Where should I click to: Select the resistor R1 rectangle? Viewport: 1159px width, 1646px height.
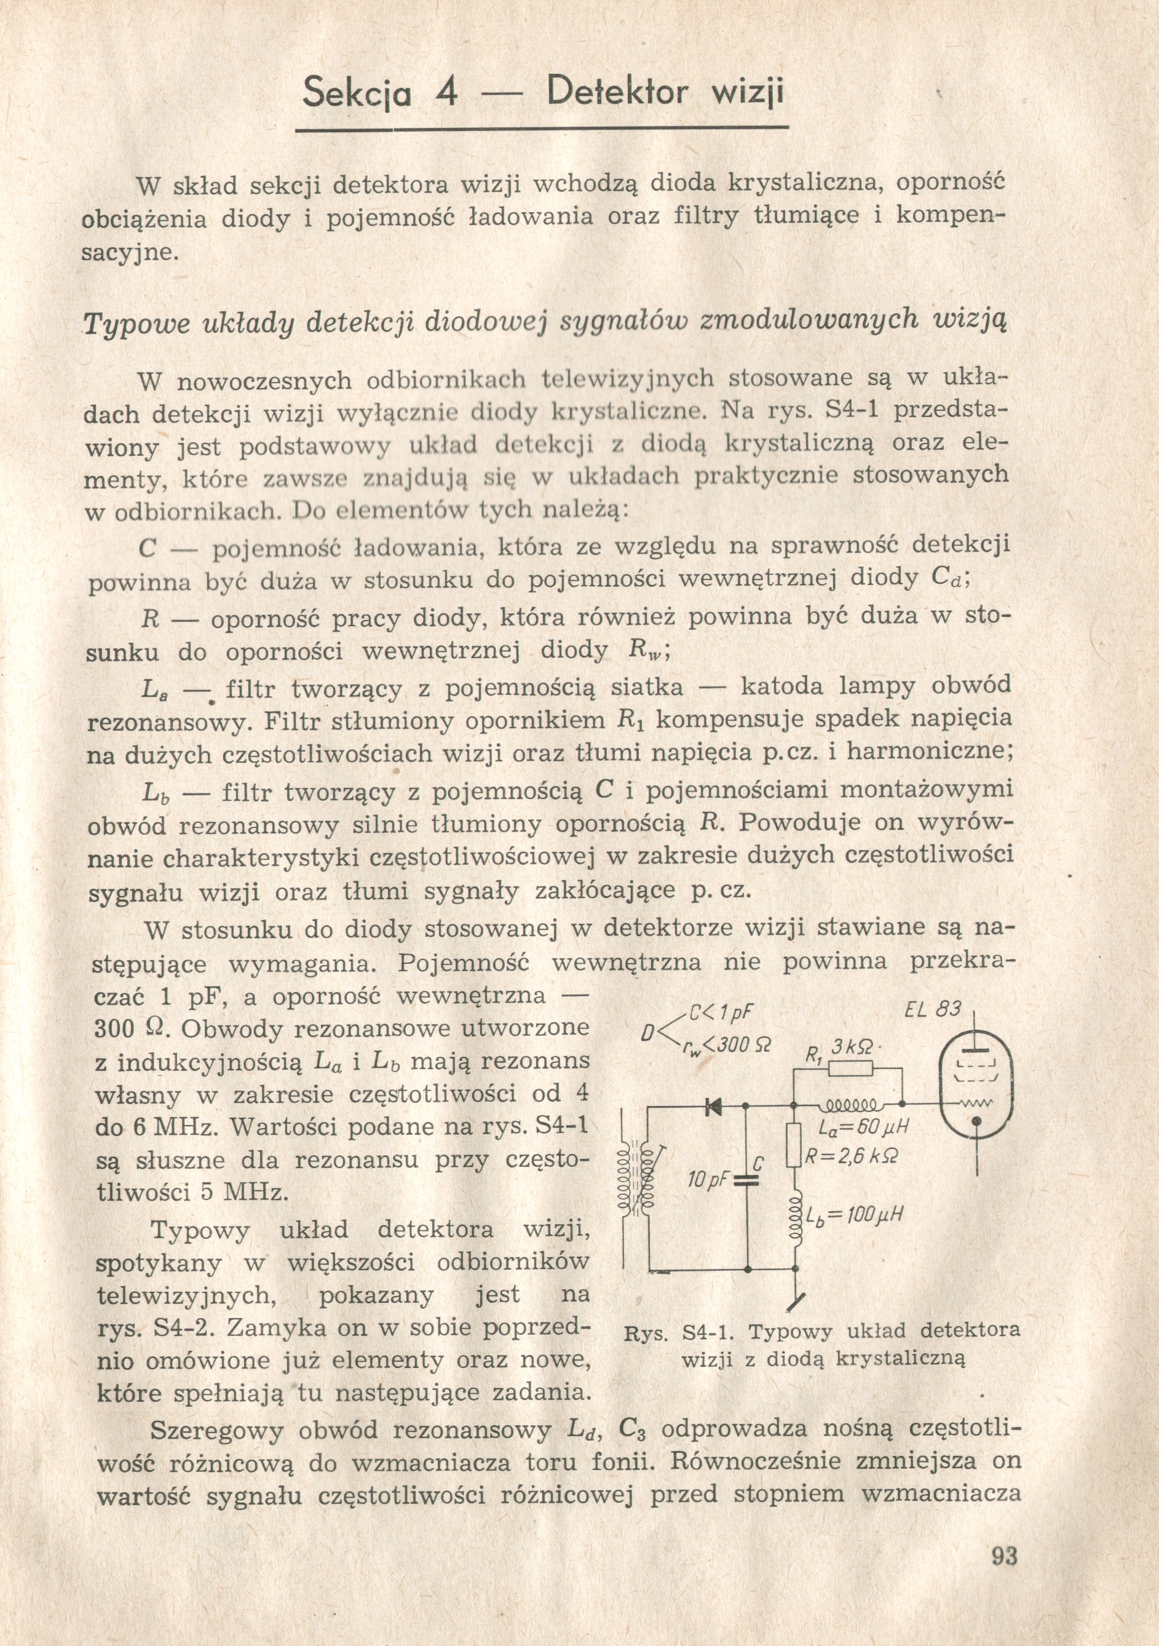tap(850, 1070)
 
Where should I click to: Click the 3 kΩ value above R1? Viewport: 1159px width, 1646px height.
tap(852, 1048)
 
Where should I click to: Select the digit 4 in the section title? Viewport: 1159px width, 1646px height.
tap(446, 94)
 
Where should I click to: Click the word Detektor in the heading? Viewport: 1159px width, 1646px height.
tap(617, 93)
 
